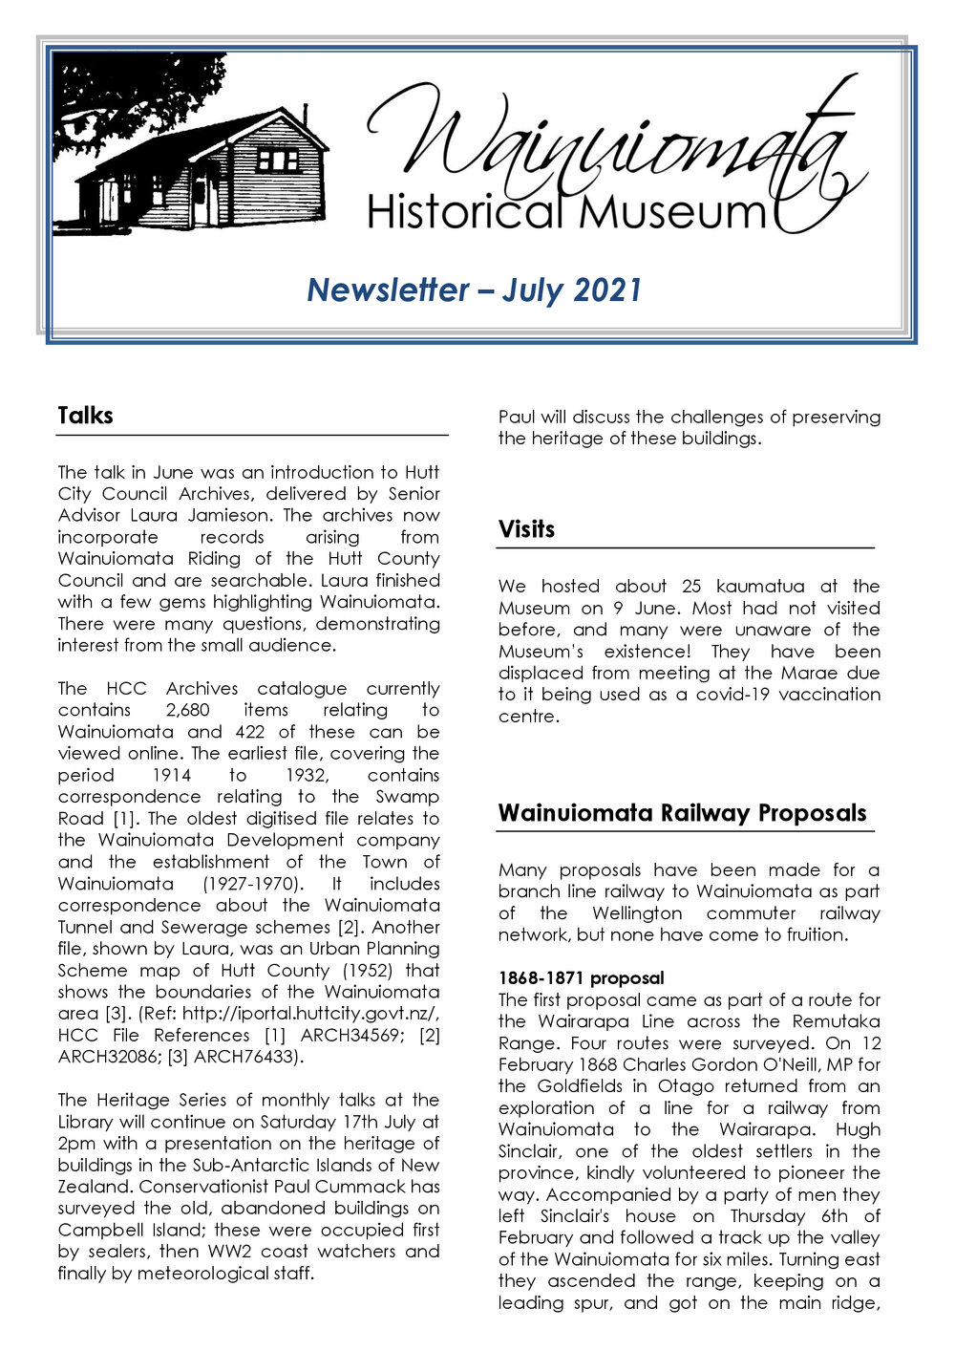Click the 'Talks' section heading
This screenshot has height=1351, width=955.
(x=85, y=416)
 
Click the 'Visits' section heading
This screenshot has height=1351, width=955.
(x=526, y=529)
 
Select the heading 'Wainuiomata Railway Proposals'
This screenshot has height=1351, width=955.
(x=682, y=813)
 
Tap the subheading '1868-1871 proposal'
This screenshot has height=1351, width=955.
(x=581, y=978)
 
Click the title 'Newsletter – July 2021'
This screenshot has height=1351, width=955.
(x=474, y=289)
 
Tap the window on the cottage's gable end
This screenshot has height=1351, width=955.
(x=277, y=159)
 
